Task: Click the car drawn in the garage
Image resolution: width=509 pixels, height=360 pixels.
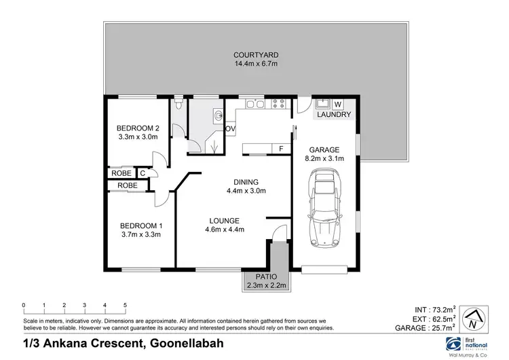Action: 325,212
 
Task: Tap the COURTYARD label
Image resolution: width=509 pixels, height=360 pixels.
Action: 257,55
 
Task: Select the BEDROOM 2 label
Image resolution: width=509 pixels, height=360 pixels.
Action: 137,128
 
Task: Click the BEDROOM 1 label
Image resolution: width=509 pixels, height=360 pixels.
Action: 141,226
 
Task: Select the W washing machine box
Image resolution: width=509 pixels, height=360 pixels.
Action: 337,104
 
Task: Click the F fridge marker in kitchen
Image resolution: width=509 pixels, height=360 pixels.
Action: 280,147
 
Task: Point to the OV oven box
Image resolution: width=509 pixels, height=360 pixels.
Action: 229,128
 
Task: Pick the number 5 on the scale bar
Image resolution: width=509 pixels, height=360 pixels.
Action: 125,305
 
